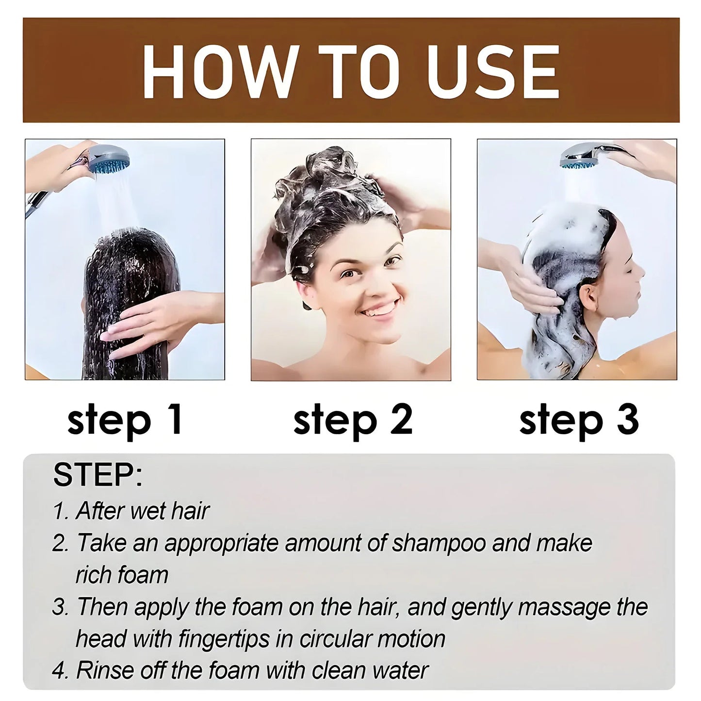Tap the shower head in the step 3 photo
click(x=582, y=158)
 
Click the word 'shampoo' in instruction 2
click(x=439, y=543)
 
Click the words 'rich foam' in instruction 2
click(x=122, y=575)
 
